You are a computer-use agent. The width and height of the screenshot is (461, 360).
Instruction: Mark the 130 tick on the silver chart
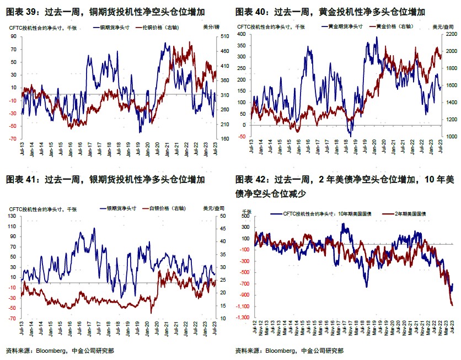tap(13, 216)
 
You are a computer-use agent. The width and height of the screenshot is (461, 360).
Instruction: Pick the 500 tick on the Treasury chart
tap(246, 216)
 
